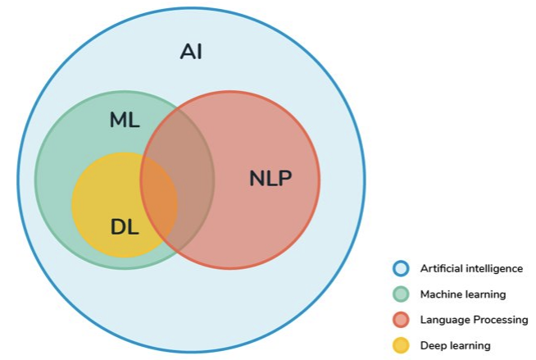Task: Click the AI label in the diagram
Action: click(x=191, y=52)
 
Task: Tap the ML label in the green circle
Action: click(x=125, y=120)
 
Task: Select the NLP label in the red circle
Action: click(x=270, y=178)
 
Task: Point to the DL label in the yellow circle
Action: click(x=125, y=227)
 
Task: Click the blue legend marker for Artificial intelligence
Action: click(x=401, y=268)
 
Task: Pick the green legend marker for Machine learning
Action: click(x=401, y=294)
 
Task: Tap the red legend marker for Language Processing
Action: click(x=401, y=320)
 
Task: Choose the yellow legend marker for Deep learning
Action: click(x=401, y=345)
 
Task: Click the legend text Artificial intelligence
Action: click(x=471, y=268)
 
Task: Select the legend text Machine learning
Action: click(x=463, y=294)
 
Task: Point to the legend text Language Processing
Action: click(x=474, y=320)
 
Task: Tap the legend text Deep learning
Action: click(x=455, y=345)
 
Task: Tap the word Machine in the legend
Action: click(x=441, y=294)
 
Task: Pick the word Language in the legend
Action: click(x=443, y=320)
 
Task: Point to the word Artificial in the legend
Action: click(x=442, y=268)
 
